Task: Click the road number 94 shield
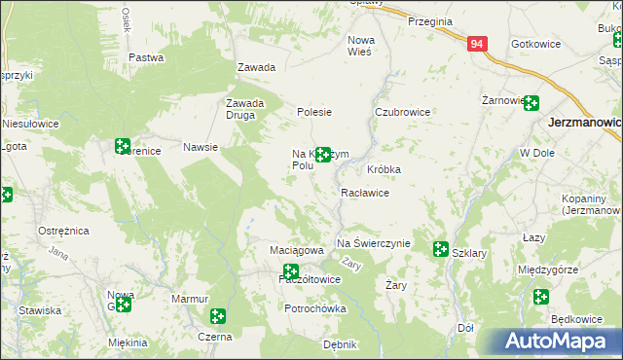476,44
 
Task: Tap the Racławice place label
365,193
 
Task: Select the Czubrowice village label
403,112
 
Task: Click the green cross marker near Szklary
440,249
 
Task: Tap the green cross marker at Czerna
218,316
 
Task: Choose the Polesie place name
314,112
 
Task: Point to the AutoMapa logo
556,342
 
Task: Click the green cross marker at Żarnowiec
531,102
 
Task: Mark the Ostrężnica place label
63,231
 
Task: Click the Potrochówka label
314,308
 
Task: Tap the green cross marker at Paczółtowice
290,271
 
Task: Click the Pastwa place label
146,57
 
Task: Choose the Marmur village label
190,299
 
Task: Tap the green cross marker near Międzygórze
541,297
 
